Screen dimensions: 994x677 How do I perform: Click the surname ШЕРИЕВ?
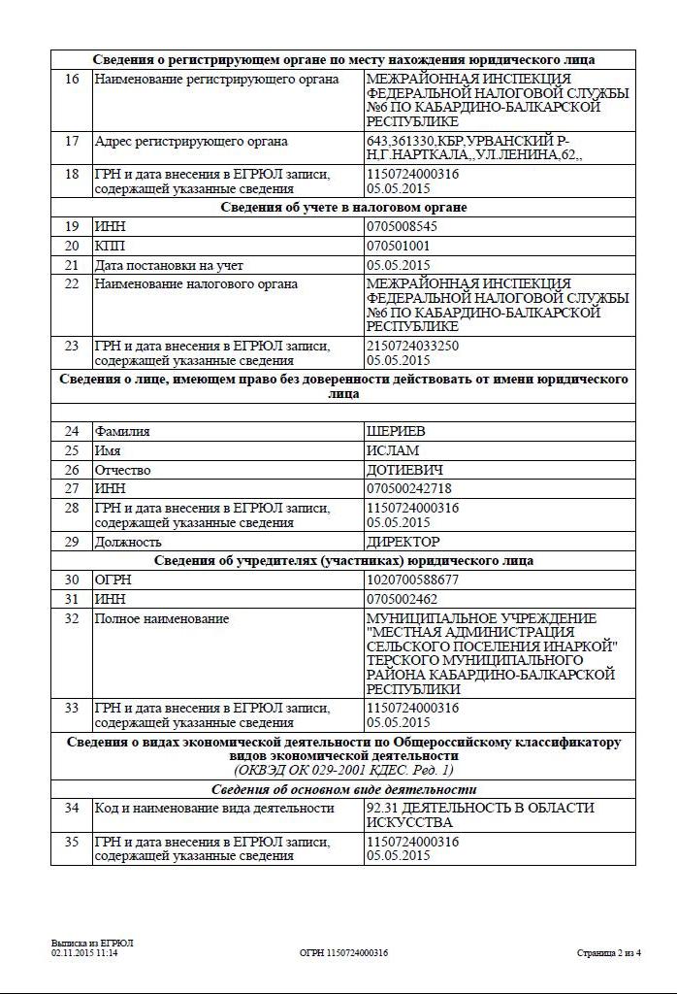click(396, 431)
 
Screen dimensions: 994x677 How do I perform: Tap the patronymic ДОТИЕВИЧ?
click(405, 470)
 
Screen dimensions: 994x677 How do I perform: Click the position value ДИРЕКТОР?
click(403, 542)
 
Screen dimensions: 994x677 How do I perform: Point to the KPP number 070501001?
click(398, 246)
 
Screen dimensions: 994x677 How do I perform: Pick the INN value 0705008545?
click(402, 226)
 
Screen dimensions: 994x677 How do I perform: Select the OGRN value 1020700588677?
click(412, 580)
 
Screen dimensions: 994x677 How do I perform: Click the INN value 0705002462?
click(402, 599)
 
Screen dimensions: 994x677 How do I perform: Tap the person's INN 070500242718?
click(408, 488)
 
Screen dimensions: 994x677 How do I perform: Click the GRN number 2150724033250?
click(412, 346)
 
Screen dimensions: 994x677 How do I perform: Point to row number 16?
click(72, 79)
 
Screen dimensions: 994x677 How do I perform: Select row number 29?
click(72, 542)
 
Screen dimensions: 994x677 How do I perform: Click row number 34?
click(72, 808)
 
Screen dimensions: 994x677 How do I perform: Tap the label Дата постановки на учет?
click(169, 265)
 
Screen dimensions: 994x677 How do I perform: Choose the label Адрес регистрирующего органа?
click(191, 141)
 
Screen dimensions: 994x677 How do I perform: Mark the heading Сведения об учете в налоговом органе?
click(343, 207)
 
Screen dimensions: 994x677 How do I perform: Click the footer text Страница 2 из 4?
click(608, 953)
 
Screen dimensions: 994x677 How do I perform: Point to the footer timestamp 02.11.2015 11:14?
click(91, 953)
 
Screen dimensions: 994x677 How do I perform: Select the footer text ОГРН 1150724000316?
click(343, 953)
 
